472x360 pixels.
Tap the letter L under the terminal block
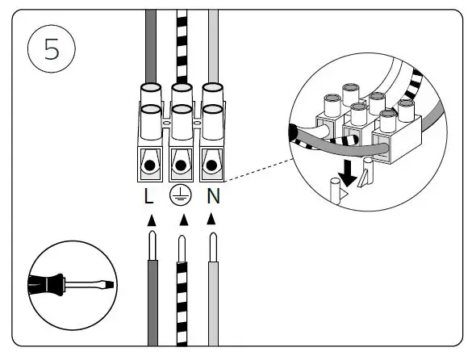click(148, 196)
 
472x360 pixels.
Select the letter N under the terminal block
click(214, 196)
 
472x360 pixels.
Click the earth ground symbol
click(180, 195)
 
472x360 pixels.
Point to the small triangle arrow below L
click(152, 220)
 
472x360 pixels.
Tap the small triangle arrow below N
click(211, 219)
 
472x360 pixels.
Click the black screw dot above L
click(149, 165)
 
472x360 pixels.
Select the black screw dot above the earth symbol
click(181, 165)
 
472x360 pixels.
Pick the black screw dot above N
click(211, 165)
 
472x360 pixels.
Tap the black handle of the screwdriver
click(46, 285)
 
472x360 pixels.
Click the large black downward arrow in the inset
click(348, 174)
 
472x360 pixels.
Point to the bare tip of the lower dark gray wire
click(152, 245)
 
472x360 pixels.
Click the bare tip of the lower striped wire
click(182, 249)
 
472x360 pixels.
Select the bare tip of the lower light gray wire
click(213, 247)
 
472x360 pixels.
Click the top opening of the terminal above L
click(151, 88)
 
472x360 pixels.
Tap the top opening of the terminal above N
click(212, 88)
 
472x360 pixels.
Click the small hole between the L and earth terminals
click(166, 123)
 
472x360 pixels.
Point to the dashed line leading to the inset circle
click(259, 170)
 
